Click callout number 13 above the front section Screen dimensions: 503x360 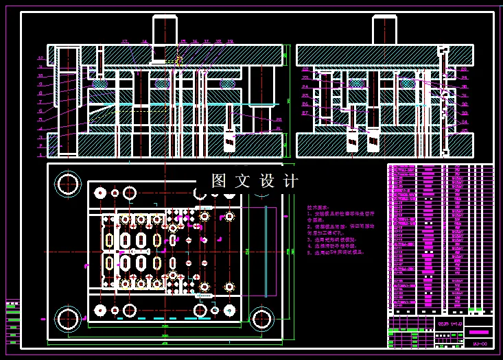pos(124,42)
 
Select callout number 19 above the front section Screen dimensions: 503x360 pos(230,42)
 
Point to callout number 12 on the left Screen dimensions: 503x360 pos(41,58)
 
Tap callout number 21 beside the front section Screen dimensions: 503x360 pos(279,119)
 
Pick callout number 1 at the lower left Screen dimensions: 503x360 pos(41,137)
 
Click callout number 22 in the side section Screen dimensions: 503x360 pos(305,69)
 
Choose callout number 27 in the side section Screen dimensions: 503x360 pos(305,112)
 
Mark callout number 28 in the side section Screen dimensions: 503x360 pos(464,69)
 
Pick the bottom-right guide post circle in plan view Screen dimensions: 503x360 pos(261,319)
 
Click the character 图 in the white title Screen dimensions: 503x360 pos(219,181)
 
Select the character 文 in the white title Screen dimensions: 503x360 pos(243,181)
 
